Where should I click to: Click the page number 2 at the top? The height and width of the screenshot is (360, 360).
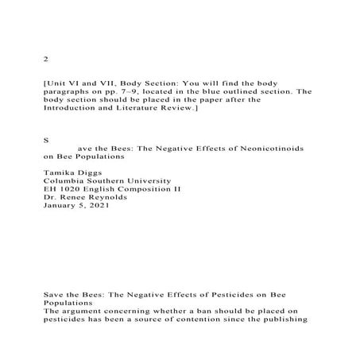(x=46, y=59)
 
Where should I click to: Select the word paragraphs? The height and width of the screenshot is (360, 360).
(x=70, y=91)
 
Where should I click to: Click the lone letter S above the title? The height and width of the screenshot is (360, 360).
(x=46, y=138)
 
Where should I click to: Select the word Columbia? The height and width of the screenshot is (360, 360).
(x=68, y=181)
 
